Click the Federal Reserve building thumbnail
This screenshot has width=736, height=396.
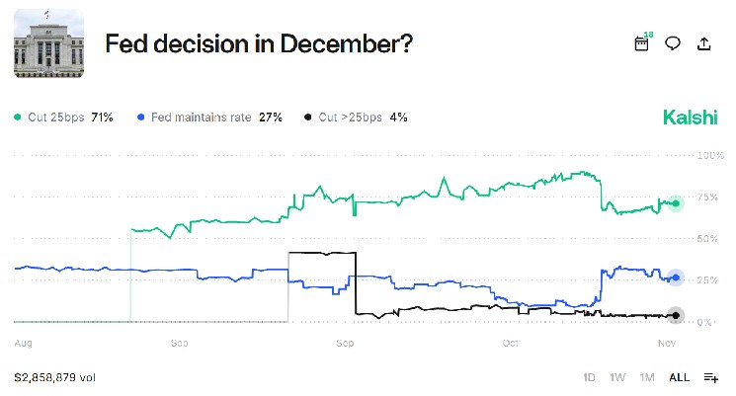pos(48,44)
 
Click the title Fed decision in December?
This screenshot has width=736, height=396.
pos(259,44)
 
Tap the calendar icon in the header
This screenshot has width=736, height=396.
pos(642,43)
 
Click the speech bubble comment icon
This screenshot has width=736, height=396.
pos(673,43)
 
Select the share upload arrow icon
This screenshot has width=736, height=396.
pos(703,43)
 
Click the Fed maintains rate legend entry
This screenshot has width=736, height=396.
pos(210,118)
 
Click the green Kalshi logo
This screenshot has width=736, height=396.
pos(691,118)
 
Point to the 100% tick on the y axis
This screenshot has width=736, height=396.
pos(711,156)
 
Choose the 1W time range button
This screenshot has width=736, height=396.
pos(617,377)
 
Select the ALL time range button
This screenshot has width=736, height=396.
pos(679,377)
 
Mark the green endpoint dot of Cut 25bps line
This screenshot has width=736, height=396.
pos(676,203)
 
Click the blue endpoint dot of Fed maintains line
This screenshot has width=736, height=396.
pos(676,277)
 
